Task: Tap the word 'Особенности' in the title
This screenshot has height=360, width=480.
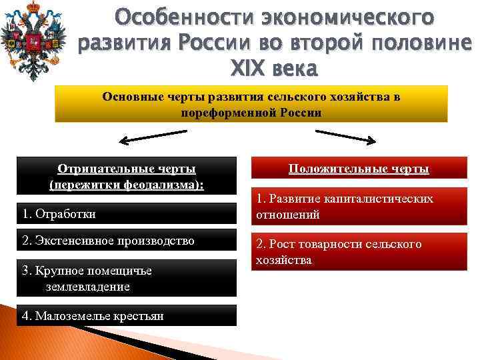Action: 168,15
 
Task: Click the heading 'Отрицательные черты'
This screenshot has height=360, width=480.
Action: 127,169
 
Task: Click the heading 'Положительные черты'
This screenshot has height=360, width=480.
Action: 358,169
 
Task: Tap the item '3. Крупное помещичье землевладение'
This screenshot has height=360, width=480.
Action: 87,278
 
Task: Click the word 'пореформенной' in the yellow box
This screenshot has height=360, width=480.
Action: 223,112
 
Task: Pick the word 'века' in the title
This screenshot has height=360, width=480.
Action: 294,69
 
